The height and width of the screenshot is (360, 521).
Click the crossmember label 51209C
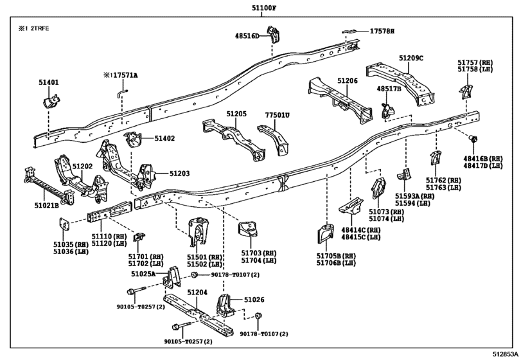[x=411, y=58]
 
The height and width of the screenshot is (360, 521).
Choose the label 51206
[x=348, y=80]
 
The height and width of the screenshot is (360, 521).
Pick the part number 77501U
[x=278, y=116]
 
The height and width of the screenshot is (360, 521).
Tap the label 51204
[x=197, y=292]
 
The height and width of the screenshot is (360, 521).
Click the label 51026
[x=254, y=300]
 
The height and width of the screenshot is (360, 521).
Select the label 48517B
[x=389, y=88]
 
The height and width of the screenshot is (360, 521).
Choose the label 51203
[x=179, y=174]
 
